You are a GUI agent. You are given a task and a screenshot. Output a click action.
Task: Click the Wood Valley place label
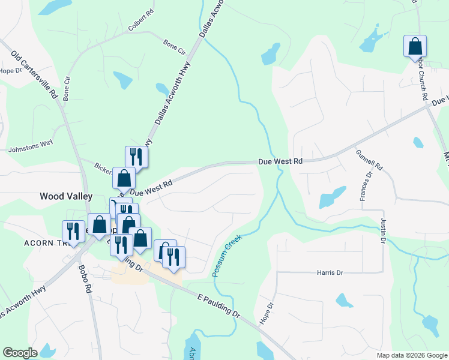click(x=65, y=196)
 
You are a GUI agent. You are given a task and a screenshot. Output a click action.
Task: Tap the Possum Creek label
click(x=226, y=255)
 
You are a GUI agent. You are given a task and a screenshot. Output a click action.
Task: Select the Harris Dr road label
click(x=330, y=272)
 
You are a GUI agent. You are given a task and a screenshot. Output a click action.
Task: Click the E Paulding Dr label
click(x=218, y=305)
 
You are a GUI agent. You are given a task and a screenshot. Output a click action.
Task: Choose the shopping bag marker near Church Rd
click(x=415, y=46)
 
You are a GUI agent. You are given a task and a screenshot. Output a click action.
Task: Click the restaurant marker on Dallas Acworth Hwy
click(x=136, y=157)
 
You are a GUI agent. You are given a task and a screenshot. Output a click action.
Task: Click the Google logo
click(x=20, y=353)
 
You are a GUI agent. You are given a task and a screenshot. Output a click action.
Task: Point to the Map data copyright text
click(x=412, y=355)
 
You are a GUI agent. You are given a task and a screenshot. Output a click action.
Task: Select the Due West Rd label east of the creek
click(x=280, y=161)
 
